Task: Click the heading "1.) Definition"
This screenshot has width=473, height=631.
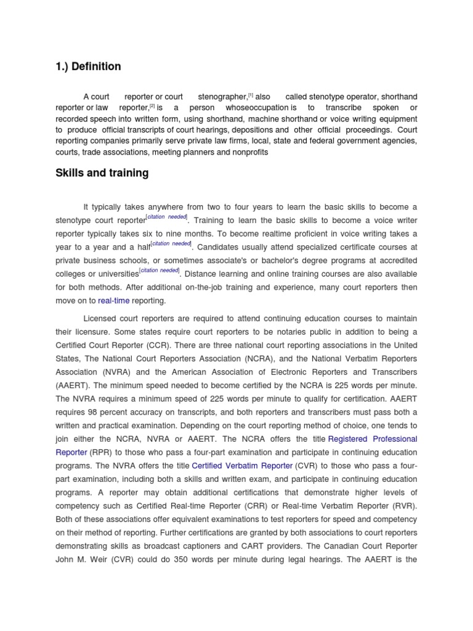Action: pos(88,67)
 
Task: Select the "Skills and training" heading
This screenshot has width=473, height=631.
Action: pos(102,173)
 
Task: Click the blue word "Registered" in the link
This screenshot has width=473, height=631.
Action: pos(349,439)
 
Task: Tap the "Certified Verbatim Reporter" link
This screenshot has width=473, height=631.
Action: pos(242,466)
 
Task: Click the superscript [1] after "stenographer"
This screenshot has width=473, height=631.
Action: pos(250,95)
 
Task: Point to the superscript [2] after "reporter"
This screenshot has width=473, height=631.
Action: pos(152,105)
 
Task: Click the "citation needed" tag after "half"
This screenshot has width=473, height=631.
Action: pos(172,244)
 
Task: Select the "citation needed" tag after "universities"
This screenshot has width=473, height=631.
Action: pos(160,271)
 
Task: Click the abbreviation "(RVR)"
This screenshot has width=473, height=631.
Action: pos(406,507)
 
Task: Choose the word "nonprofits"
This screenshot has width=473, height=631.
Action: pos(248,152)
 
